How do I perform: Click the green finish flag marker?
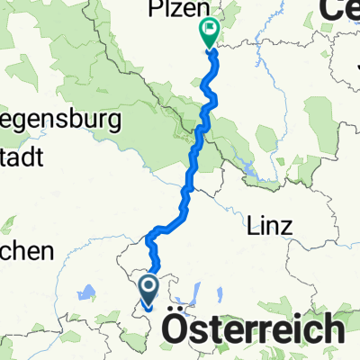pyautogui.click(x=209, y=34)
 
